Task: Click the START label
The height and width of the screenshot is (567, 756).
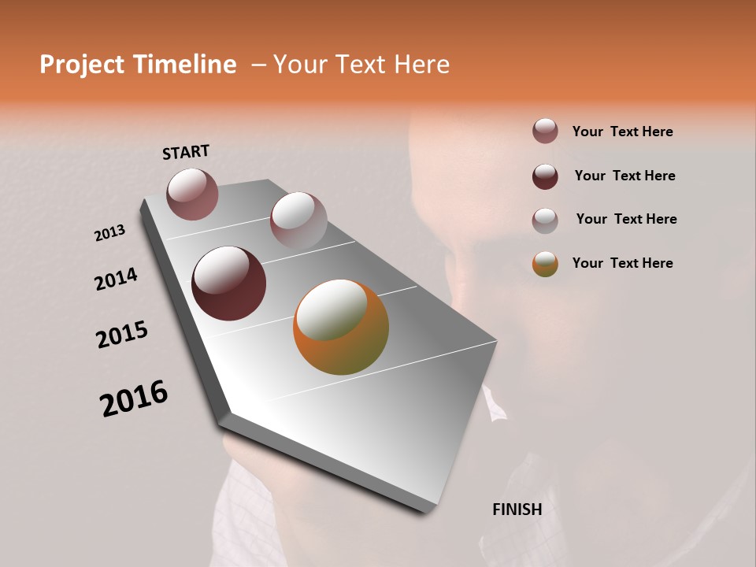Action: [186, 152]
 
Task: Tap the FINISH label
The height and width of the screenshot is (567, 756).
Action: [517, 510]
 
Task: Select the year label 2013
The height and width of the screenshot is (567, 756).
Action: [110, 233]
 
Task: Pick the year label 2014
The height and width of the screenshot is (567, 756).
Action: [117, 280]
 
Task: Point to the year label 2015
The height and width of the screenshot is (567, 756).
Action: [122, 335]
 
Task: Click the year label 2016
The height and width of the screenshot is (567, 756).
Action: [134, 398]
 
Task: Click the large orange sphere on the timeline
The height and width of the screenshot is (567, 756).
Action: [341, 327]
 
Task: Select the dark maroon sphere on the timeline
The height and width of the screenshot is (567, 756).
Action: [228, 283]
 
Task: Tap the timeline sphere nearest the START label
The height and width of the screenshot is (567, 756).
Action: [192, 194]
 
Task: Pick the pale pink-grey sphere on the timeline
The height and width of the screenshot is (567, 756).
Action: [298, 220]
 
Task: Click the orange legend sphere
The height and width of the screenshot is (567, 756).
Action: [545, 264]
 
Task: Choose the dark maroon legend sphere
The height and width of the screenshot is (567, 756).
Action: [545, 176]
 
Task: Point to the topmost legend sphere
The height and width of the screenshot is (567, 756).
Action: [545, 132]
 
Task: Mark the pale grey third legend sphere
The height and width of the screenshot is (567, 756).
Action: [545, 220]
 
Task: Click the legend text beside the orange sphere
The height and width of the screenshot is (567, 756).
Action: [622, 263]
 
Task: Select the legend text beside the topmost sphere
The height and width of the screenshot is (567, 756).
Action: [622, 132]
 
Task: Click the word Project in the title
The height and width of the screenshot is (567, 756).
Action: [82, 65]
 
